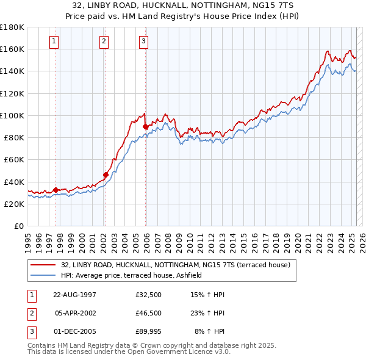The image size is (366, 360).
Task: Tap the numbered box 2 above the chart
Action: point(104,41)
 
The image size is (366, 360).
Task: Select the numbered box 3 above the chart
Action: point(144,41)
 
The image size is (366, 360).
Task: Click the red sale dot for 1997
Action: point(56,190)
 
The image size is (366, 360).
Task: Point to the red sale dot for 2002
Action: point(106,175)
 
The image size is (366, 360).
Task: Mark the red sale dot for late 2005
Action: point(145,126)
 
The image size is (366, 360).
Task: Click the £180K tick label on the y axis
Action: point(12,27)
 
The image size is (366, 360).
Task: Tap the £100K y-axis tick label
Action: point(12,115)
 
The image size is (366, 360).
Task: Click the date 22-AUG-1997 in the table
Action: point(74,295)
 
